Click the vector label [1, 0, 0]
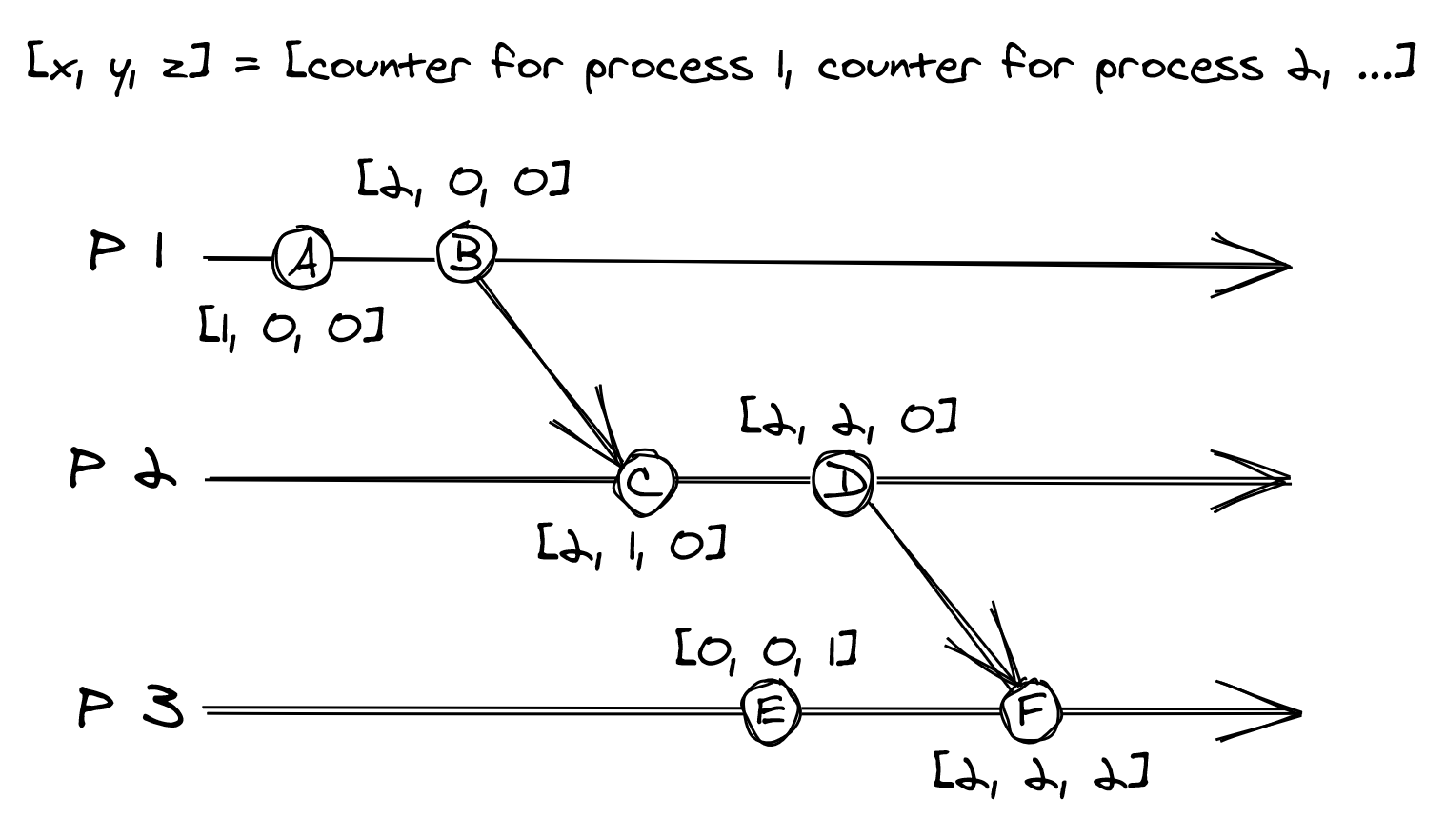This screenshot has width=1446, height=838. click(291, 327)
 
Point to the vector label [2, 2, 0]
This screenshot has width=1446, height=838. click(849, 420)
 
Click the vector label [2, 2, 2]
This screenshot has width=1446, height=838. click(1041, 772)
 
